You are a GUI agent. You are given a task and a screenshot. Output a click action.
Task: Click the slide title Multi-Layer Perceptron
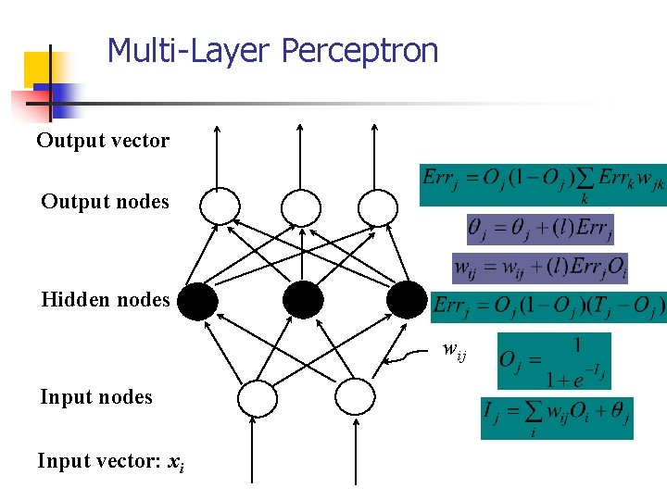point(272,50)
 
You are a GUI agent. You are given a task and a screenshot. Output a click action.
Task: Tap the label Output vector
point(103,141)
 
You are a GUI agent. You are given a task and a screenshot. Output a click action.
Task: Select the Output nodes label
point(105,201)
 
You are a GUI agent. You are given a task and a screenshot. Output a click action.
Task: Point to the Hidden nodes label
point(105,299)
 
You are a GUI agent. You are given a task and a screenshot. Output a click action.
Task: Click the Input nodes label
point(95,397)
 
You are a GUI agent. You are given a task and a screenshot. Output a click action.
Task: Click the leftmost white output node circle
point(220,206)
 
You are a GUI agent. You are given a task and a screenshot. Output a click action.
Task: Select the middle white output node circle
point(301,206)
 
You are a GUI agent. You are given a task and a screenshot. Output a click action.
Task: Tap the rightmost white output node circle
point(377,206)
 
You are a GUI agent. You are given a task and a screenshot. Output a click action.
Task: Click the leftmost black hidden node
point(197,300)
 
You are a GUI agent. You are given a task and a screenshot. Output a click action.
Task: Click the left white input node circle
point(258,398)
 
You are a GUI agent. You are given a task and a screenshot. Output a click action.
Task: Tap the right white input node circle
point(353,398)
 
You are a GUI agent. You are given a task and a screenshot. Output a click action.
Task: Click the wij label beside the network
point(455,350)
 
